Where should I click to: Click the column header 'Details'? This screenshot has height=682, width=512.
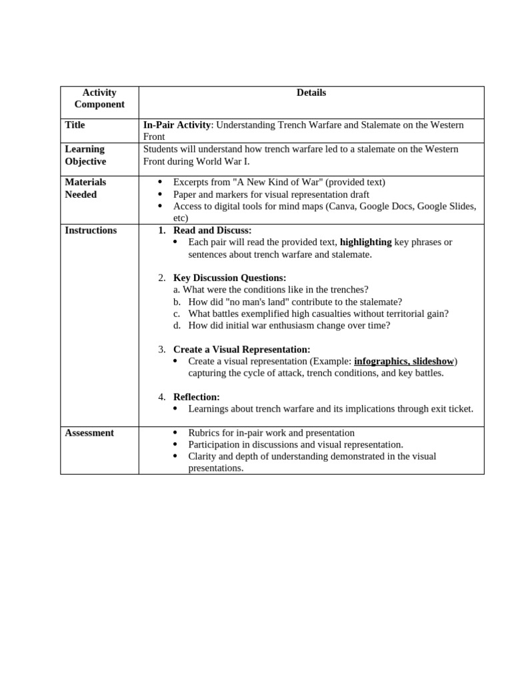[311, 93]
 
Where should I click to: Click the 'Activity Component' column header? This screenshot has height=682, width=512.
[99, 99]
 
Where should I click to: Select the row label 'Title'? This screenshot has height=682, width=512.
[75, 125]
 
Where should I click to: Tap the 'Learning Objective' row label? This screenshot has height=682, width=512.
[85, 155]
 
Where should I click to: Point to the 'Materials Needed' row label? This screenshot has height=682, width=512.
[85, 188]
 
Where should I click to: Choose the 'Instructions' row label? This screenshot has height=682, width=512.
[91, 230]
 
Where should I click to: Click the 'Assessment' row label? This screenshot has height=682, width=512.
[89, 433]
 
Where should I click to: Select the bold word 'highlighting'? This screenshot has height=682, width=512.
[365, 242]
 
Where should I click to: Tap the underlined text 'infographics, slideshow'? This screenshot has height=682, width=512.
[403, 361]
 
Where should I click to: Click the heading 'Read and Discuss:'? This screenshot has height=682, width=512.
[212, 230]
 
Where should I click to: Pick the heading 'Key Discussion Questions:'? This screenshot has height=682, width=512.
[229, 278]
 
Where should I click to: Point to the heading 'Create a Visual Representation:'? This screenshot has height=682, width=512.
[241, 350]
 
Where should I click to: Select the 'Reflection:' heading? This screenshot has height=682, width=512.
[196, 397]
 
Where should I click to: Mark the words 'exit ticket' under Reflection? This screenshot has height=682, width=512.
[451, 409]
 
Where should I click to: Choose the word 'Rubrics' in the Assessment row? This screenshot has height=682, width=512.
[204, 433]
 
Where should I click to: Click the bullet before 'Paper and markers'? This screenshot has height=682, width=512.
[159, 194]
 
